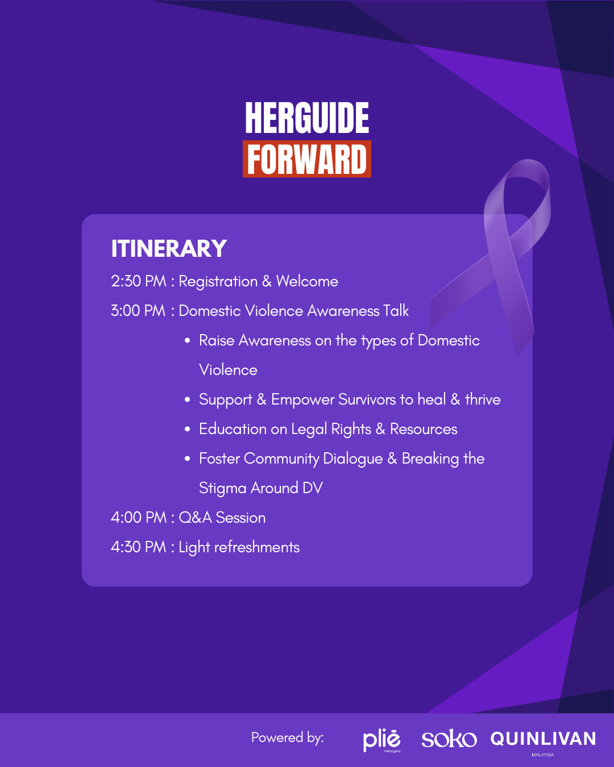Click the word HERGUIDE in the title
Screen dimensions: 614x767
point(307,118)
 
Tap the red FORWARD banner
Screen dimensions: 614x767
point(307,159)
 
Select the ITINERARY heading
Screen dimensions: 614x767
point(169,248)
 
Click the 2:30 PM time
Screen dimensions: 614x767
point(138,281)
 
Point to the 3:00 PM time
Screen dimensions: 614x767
point(138,311)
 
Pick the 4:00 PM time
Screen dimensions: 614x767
point(138,518)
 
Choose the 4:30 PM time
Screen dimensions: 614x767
point(138,547)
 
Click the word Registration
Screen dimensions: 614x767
point(218,282)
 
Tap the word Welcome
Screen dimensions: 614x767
point(307,281)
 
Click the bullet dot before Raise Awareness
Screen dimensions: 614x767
point(187,341)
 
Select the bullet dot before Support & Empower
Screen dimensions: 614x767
point(187,400)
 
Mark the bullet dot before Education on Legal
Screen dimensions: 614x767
point(187,430)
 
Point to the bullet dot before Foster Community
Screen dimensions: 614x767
point(187,459)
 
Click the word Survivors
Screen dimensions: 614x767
point(367,399)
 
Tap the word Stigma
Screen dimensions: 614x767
point(223,489)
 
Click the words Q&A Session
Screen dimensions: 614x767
point(222,518)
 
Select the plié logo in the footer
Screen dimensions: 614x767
point(381,741)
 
